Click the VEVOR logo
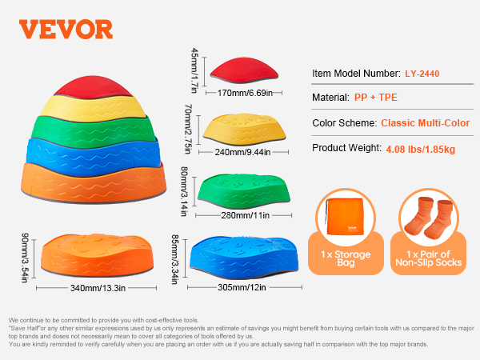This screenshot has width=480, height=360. [66, 30]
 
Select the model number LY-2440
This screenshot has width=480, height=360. [422, 74]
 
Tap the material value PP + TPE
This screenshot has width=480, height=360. [376, 98]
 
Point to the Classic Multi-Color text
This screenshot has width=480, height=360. [426, 123]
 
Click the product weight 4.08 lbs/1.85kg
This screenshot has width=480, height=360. [421, 150]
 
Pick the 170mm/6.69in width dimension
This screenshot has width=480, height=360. [245, 93]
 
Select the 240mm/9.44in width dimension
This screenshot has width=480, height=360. [242, 152]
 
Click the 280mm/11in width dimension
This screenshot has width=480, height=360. [246, 215]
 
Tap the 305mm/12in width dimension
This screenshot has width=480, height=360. [242, 287]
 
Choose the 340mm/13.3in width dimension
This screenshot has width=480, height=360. [98, 288]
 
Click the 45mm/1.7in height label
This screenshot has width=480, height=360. [194, 70]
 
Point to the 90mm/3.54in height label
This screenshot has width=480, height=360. [25, 258]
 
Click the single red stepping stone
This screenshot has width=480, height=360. [244, 70]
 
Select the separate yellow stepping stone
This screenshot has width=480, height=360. [244, 129]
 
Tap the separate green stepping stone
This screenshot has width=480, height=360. [244, 191]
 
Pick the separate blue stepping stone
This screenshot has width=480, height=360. [244, 257]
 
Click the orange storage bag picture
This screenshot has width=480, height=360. [346, 217]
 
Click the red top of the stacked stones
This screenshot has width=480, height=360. [93, 87]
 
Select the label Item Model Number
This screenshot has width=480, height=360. [356, 74]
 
